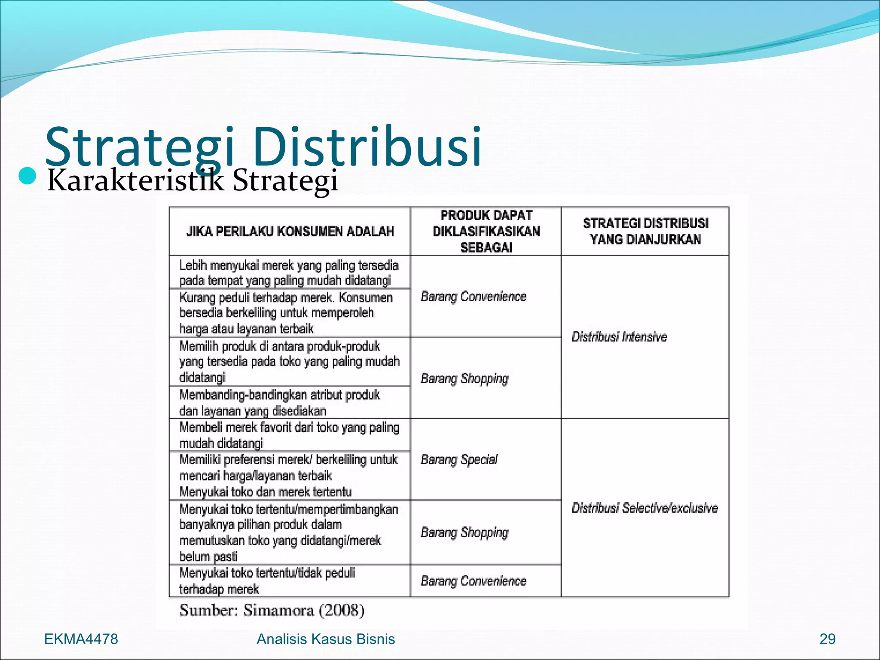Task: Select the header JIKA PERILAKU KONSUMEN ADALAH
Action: click(x=290, y=232)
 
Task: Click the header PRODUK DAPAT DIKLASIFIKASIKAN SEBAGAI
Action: click(x=486, y=231)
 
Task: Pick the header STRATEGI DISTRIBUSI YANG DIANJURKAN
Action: click(x=645, y=231)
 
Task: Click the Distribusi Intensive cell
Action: click(x=619, y=337)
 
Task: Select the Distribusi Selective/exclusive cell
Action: click(x=645, y=508)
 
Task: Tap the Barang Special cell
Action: click(x=459, y=459)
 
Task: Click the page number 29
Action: click(x=827, y=639)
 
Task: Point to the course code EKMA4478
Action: click(x=81, y=639)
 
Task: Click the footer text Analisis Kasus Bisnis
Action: click(x=326, y=639)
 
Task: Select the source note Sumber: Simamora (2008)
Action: click(x=272, y=610)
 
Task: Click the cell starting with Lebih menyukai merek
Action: click(x=289, y=272)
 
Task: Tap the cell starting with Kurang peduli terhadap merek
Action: click(x=286, y=313)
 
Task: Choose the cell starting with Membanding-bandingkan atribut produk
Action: click(x=280, y=403)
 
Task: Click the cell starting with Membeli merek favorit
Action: click(x=289, y=435)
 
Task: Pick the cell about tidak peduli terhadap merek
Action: click(x=267, y=581)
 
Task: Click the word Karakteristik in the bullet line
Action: click(x=136, y=180)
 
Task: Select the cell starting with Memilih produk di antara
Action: click(x=289, y=361)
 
